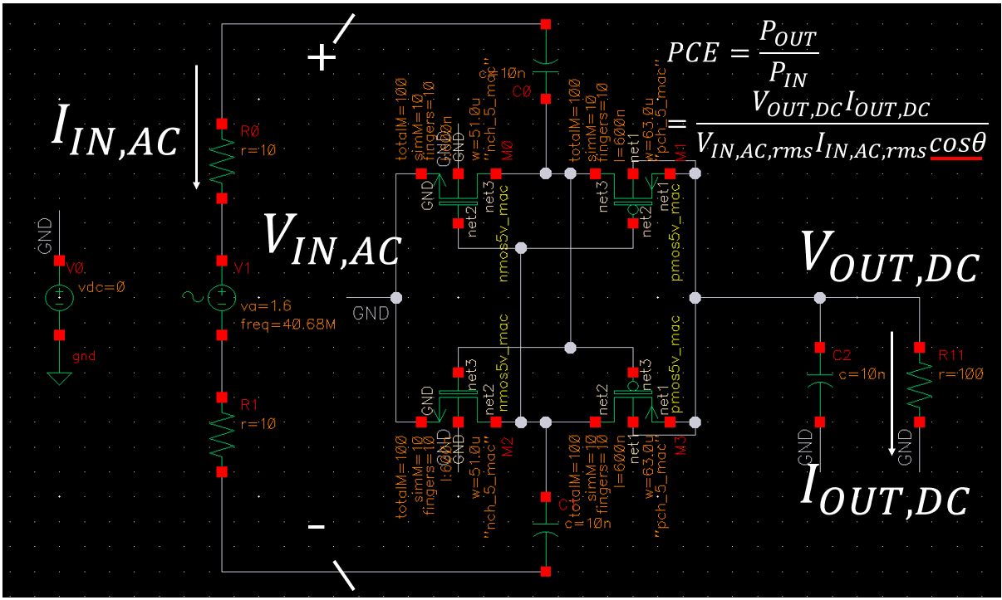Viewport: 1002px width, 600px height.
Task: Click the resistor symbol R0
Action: pos(222,162)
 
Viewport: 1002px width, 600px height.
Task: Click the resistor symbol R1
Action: pos(222,434)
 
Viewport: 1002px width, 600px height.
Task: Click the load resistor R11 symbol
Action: pos(919,385)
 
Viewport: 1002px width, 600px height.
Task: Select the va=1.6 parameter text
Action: pos(259,306)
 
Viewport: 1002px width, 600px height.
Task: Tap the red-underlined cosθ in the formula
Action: pos(957,144)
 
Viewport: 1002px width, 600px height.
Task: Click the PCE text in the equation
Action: pos(690,54)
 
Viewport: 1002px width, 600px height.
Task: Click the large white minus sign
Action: pos(317,528)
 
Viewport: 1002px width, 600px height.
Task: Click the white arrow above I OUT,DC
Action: pos(892,393)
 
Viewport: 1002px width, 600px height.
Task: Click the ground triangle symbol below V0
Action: pos(59,378)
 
